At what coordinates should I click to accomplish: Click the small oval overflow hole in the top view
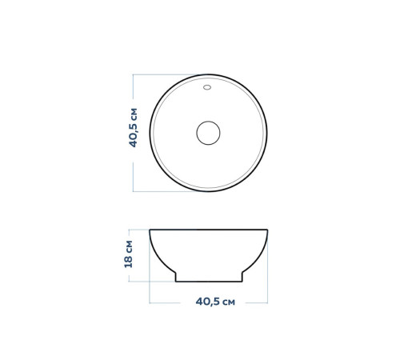coord(207,87)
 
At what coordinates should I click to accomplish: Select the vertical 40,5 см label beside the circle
coord(133,128)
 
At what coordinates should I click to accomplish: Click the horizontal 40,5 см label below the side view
coord(215,302)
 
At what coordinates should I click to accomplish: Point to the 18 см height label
coord(129,254)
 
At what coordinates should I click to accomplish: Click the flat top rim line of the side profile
coord(209,230)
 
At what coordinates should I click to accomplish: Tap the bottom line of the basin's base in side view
coord(209,282)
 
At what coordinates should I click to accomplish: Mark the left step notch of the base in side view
coord(174,274)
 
